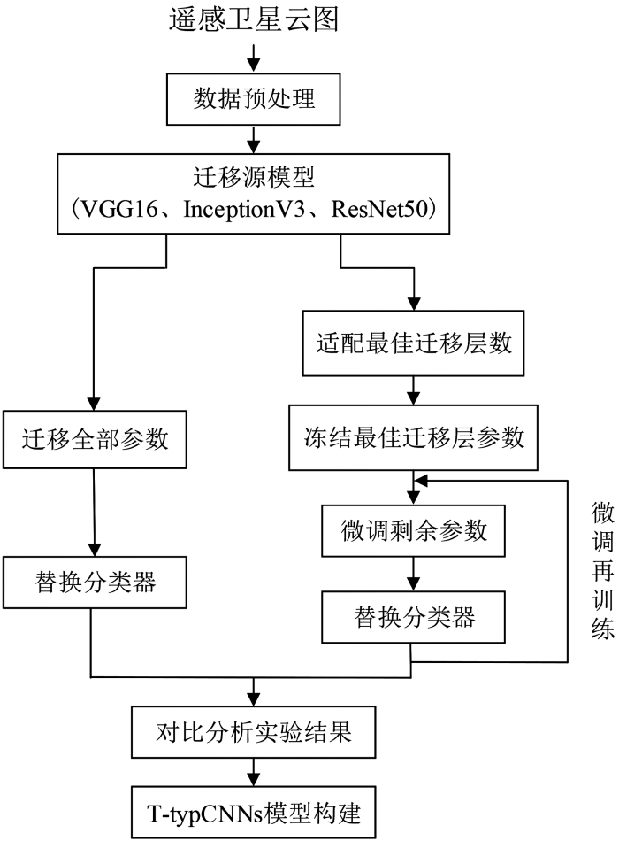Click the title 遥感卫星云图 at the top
point(254,19)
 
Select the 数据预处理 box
point(254,99)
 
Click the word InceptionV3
point(244,209)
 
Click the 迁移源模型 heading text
point(254,177)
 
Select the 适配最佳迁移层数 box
point(413,343)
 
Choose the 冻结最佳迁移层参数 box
point(413,437)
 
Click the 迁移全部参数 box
point(95,439)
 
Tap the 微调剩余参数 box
point(413,530)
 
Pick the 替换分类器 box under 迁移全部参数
point(95,582)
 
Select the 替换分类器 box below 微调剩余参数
point(413,617)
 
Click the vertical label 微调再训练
point(602,570)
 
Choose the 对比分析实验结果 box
point(254,731)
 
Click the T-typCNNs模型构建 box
point(254,813)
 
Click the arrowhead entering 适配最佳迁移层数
point(413,304)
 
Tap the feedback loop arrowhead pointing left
point(422,481)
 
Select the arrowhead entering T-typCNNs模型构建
point(254,779)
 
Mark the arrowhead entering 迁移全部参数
point(94,404)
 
